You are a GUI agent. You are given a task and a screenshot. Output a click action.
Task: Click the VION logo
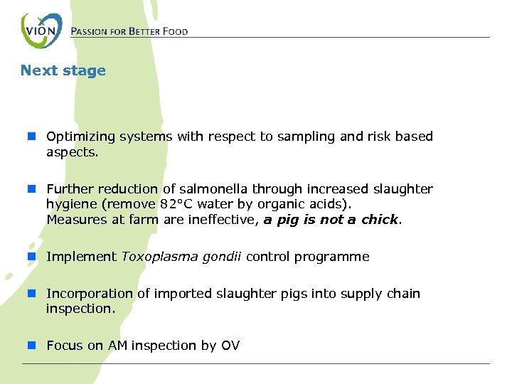pos(41,31)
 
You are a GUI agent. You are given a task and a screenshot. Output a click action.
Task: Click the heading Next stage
pos(63,70)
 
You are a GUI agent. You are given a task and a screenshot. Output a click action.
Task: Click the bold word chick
pos(380,220)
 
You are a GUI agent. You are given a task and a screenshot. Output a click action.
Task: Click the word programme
pos(334,257)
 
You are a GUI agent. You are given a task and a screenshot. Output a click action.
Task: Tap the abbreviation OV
pos(230,346)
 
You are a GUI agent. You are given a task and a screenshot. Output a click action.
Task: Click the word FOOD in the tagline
pos(175,32)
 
